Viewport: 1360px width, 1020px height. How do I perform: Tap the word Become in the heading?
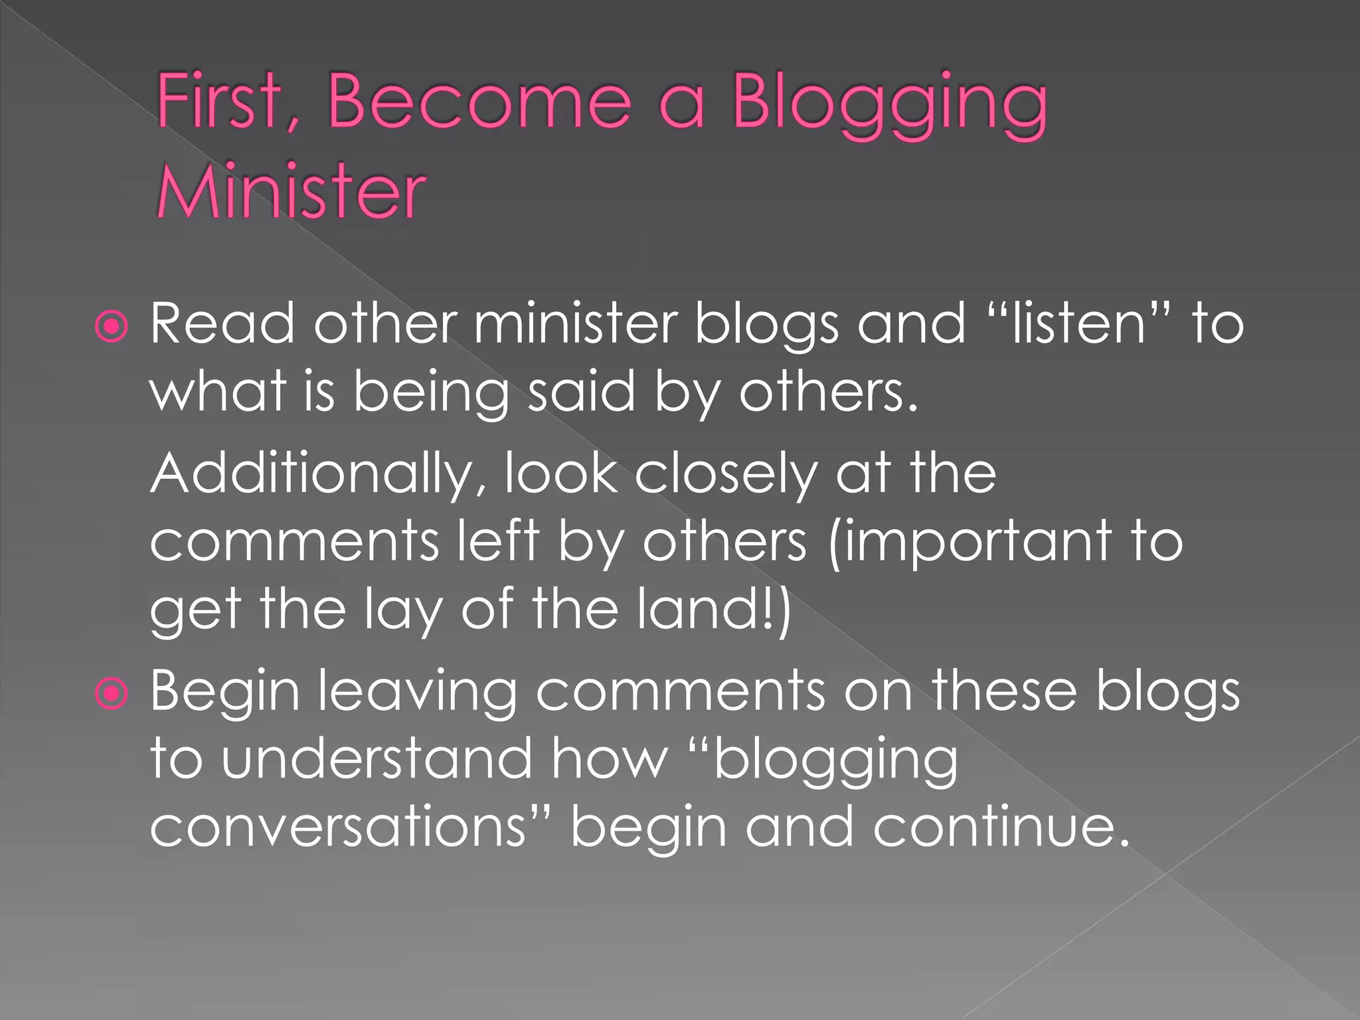tap(478, 102)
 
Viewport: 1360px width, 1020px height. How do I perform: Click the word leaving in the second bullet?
tap(417, 693)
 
